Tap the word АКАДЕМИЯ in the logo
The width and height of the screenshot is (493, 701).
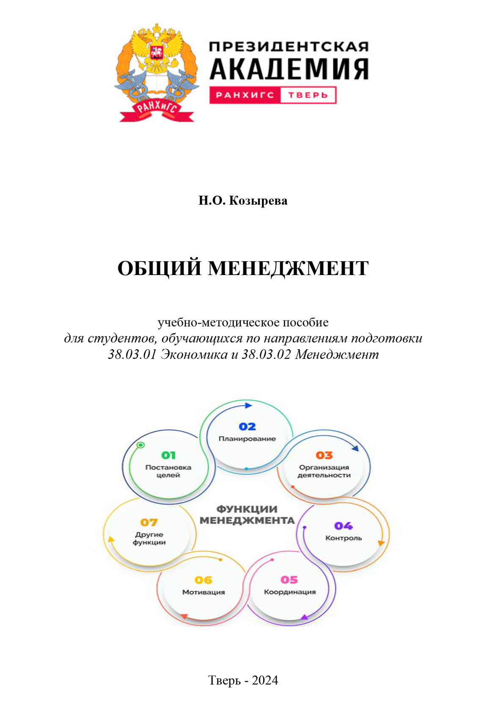[x=289, y=69]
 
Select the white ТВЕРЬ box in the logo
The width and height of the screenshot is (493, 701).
[x=308, y=95]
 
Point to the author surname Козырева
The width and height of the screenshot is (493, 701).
[x=258, y=200]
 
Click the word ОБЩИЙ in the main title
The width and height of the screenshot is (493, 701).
[x=160, y=268]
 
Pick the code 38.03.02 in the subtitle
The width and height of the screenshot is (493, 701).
[x=266, y=354]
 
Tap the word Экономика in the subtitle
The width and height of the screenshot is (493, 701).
[x=194, y=354]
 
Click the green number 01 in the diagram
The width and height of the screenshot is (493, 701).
[x=168, y=455]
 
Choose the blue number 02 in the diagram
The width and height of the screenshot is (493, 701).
[x=247, y=426]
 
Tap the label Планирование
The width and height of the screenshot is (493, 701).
[x=247, y=439]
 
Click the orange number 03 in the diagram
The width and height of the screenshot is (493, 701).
[x=324, y=455]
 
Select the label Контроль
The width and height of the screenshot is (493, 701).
[x=344, y=538]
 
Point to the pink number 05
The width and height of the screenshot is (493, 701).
[x=289, y=579]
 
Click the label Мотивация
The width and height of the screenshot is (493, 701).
[x=204, y=592]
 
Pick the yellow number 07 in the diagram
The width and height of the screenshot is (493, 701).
[x=149, y=523]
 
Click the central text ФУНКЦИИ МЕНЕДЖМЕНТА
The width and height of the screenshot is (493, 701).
[x=247, y=515]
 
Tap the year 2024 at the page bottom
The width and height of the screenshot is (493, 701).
[x=265, y=680]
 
